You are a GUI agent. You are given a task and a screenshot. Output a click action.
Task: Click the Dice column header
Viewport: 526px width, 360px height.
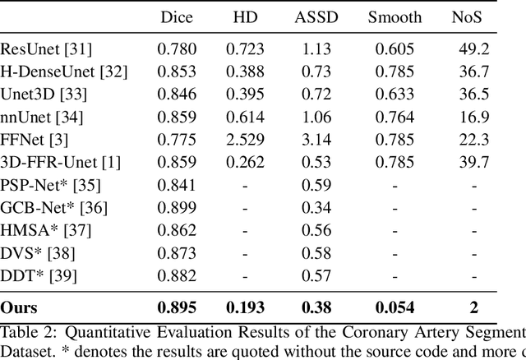click(x=177, y=16)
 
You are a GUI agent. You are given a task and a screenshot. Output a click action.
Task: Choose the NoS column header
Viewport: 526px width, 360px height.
click(x=474, y=16)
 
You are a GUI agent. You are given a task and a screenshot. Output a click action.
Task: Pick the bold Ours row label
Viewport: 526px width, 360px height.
click(x=19, y=307)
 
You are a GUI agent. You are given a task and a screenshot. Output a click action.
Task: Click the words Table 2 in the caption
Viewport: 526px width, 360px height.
click(x=25, y=332)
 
